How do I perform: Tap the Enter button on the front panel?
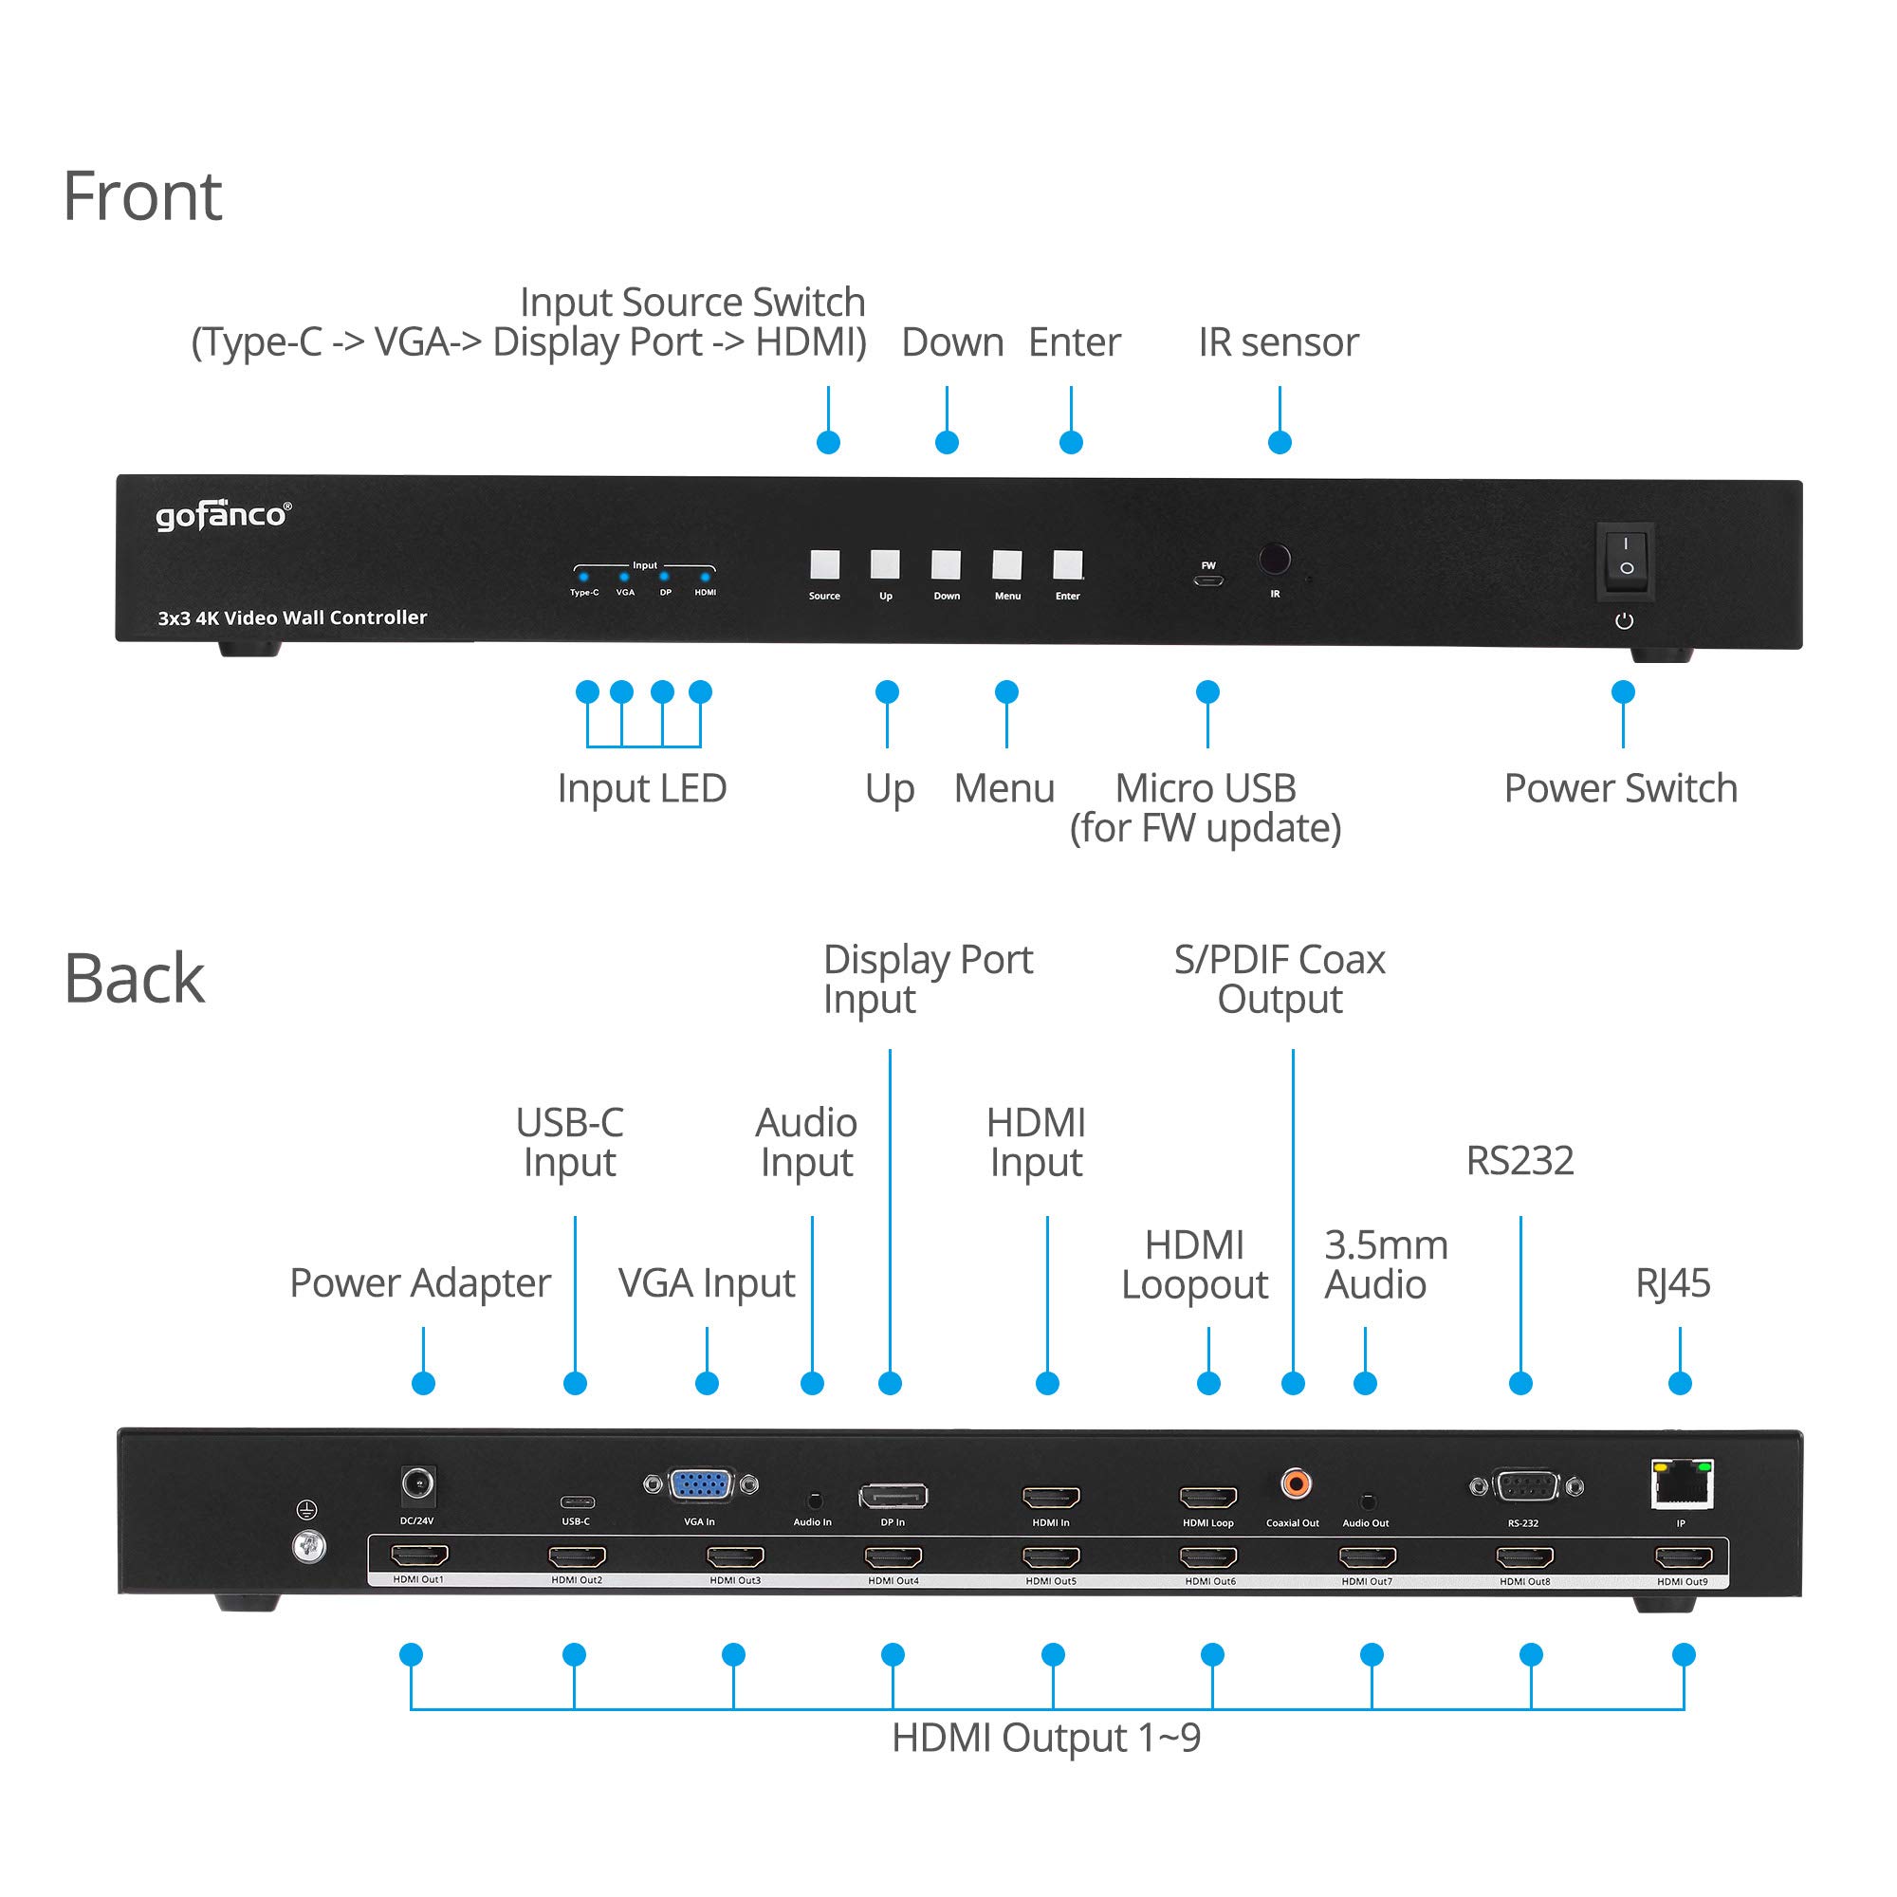(x=1067, y=564)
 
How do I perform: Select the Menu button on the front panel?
(x=1006, y=564)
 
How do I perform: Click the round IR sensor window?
(x=1275, y=560)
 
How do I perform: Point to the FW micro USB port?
(x=1207, y=580)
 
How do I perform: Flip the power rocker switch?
(x=1626, y=557)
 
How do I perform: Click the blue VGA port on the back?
(x=700, y=1484)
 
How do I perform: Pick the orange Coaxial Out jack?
(x=1296, y=1483)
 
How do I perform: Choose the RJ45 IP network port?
(x=1683, y=1484)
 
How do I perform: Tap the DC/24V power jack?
(x=418, y=1483)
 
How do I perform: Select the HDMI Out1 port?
(x=419, y=1556)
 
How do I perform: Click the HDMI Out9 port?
(x=1683, y=1557)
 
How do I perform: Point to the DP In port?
(x=893, y=1497)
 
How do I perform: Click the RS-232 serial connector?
(x=1525, y=1486)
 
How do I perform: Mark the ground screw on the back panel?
(x=309, y=1549)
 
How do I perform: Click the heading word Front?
(x=142, y=196)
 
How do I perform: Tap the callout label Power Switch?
(x=1620, y=788)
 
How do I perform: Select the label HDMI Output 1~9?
(x=1045, y=1738)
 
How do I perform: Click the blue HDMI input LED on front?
(x=705, y=578)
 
